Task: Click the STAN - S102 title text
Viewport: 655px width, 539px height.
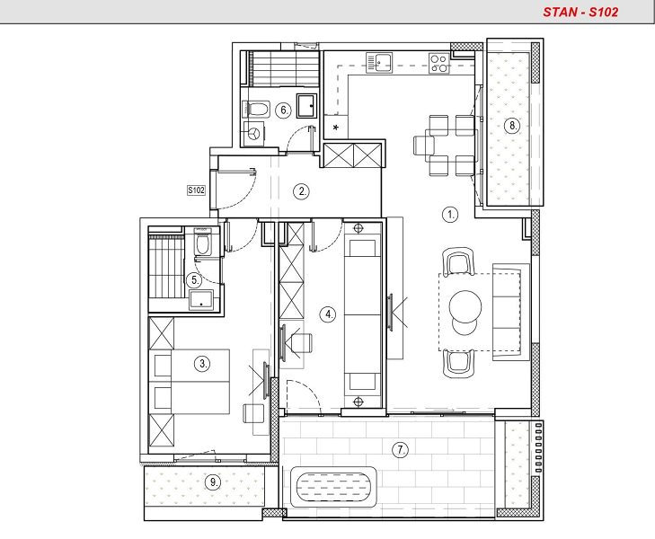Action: point(580,12)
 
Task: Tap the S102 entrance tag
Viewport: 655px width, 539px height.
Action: point(196,190)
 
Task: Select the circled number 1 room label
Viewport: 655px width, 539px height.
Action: point(450,215)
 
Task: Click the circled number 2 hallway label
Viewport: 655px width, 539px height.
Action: point(302,191)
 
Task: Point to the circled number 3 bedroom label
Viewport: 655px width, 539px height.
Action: point(202,364)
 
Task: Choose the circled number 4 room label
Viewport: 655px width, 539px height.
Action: point(328,314)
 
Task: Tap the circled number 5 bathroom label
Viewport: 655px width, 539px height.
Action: point(195,280)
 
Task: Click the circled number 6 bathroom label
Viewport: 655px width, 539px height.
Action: point(284,110)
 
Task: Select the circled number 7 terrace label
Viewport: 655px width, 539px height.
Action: point(401,450)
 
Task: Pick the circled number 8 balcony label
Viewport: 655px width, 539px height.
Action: point(512,125)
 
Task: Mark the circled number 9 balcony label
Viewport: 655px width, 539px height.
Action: point(213,482)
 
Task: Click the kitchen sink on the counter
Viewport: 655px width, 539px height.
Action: point(379,63)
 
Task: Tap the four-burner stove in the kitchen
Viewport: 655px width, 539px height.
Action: point(439,63)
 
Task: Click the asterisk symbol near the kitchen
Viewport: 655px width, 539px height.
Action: point(336,128)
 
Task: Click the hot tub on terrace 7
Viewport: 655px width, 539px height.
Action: point(333,487)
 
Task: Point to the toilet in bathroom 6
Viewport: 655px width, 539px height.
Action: point(256,110)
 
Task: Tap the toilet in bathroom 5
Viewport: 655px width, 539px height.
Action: point(202,243)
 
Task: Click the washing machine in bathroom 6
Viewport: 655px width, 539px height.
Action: point(253,134)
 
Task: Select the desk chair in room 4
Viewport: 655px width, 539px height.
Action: point(302,343)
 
